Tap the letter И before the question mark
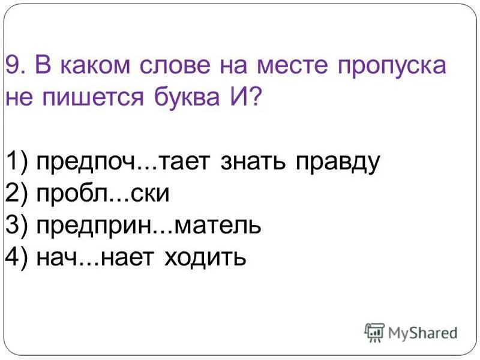click(242, 97)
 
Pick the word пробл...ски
click(103, 194)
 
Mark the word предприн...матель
click(148, 227)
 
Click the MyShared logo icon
click(374, 331)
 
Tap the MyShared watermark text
click(422, 332)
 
